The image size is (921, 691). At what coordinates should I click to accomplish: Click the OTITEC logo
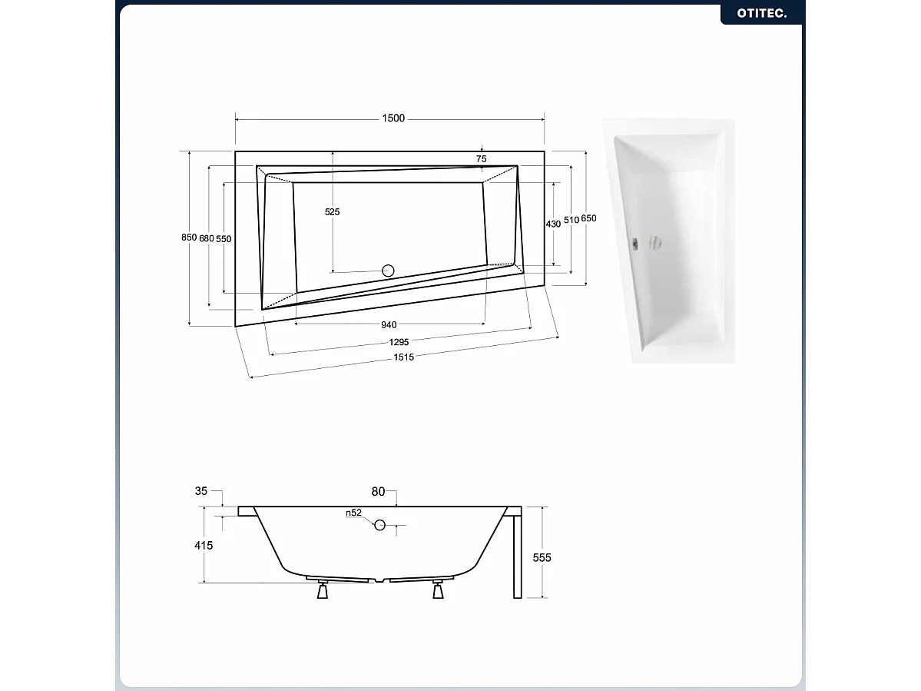tap(761, 13)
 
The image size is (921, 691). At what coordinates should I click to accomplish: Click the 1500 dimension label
tap(393, 118)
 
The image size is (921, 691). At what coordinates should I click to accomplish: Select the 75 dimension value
tap(481, 158)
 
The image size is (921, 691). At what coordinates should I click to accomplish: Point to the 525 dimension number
tap(332, 211)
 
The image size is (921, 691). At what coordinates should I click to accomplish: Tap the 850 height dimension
tap(189, 238)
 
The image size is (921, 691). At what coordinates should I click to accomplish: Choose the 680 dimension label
tap(206, 238)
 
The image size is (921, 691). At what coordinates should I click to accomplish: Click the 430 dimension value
tap(553, 224)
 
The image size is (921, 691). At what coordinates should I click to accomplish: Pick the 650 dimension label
tap(588, 218)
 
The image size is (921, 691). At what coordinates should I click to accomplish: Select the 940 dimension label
tap(389, 325)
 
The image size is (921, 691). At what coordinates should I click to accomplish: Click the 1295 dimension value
tap(399, 342)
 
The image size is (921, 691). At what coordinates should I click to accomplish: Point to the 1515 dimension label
tap(403, 357)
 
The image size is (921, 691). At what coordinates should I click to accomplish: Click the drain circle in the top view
tap(388, 271)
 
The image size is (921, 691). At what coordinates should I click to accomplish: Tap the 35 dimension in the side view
tap(201, 491)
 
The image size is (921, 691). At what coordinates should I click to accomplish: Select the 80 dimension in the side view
tap(378, 492)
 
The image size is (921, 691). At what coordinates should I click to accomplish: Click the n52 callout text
tap(353, 513)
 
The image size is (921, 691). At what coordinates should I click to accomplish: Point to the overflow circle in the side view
tap(380, 525)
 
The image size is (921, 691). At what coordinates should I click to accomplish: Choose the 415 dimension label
tap(204, 545)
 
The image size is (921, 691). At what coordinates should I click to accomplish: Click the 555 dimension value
tap(542, 557)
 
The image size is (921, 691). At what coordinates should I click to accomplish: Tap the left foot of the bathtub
tap(323, 590)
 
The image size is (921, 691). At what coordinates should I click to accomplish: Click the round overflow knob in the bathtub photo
tap(656, 243)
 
